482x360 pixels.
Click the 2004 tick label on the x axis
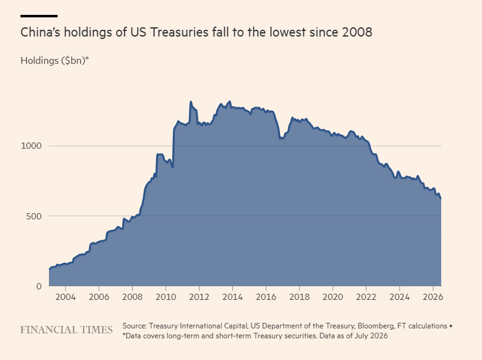[65, 297]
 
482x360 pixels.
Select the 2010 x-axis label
[165, 297]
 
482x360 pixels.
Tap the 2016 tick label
[266, 297]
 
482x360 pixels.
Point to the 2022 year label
[366, 297]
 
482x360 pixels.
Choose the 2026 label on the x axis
[433, 297]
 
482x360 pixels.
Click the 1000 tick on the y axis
[31, 146]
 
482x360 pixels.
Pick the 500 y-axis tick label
[34, 216]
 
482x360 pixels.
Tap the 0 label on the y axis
[39, 286]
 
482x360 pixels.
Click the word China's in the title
[40, 32]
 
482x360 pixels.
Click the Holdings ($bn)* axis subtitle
[55, 61]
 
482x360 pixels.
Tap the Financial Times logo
[66, 330]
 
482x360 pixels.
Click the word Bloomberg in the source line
[375, 326]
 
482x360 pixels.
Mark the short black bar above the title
[39, 16]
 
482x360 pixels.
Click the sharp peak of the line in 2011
[191, 102]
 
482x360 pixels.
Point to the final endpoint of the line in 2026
[441, 199]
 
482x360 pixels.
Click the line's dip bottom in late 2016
[280, 139]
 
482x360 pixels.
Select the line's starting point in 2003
[49, 269]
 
